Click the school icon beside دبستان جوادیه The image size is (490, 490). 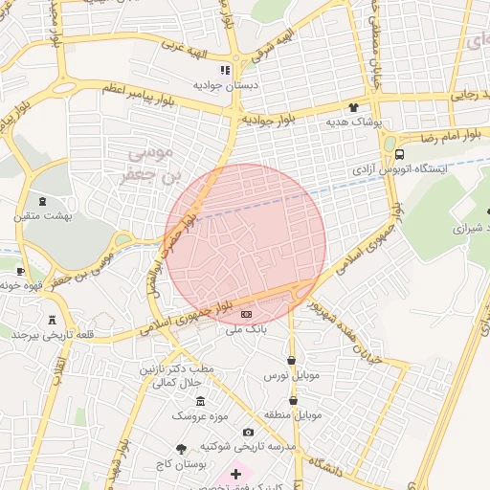225,70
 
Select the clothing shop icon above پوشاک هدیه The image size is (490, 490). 354,108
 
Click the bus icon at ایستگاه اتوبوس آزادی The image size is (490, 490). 399,154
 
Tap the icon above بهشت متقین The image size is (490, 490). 42,202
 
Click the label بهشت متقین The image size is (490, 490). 42,217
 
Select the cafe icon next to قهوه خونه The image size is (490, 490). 20,271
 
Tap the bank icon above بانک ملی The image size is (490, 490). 246,314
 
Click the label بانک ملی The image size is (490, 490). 242,329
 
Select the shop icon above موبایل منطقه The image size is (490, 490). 293,400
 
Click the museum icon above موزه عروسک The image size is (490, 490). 200,401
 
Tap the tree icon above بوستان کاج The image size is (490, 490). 182,448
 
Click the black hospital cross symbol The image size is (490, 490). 236,474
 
